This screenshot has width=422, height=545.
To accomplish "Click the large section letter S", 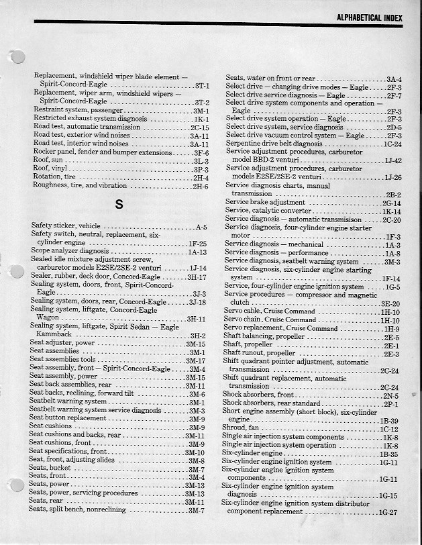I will (119, 205).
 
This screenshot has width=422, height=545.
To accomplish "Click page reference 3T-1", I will (202, 87).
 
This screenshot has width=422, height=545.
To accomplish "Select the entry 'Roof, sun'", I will (49, 161).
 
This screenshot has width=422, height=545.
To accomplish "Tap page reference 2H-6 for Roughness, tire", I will (201, 186).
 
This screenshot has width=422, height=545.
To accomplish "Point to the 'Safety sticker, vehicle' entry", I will (66, 226).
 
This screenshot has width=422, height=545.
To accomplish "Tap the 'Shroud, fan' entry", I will (240, 428).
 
